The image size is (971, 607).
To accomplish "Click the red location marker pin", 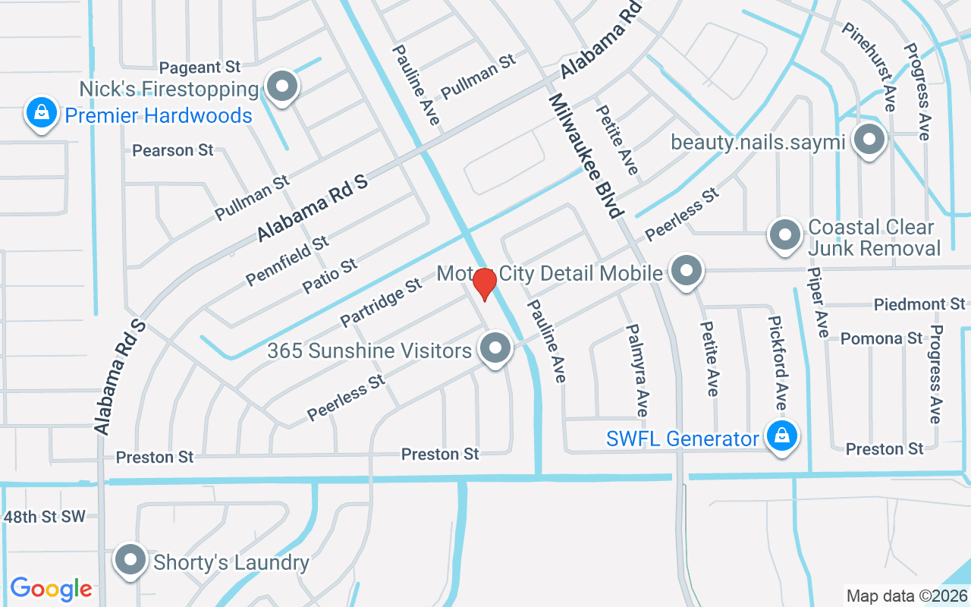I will click(x=484, y=285).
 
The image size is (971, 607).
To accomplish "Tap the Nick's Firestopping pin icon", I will click(x=282, y=86).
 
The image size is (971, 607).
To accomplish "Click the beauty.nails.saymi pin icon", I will click(x=869, y=140).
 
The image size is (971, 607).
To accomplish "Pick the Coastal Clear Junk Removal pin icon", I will click(x=784, y=235).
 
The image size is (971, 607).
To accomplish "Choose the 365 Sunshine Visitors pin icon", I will click(x=496, y=349).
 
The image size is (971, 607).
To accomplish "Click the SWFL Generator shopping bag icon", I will click(x=781, y=436).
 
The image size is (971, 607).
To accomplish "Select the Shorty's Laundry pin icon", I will click(x=130, y=561).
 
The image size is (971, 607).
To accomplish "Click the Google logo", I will click(x=51, y=589).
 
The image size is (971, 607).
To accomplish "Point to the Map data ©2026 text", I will click(x=907, y=596).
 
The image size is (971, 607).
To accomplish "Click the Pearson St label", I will click(x=173, y=150).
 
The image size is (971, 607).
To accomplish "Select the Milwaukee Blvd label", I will click(x=585, y=155).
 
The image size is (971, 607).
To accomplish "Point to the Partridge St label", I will click(x=381, y=303).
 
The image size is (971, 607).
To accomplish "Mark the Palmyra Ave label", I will click(x=637, y=370).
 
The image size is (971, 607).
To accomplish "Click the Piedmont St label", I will click(x=919, y=304).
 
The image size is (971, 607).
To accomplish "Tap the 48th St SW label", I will click(x=45, y=517).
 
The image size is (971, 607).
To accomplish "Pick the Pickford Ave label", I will click(x=778, y=363).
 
